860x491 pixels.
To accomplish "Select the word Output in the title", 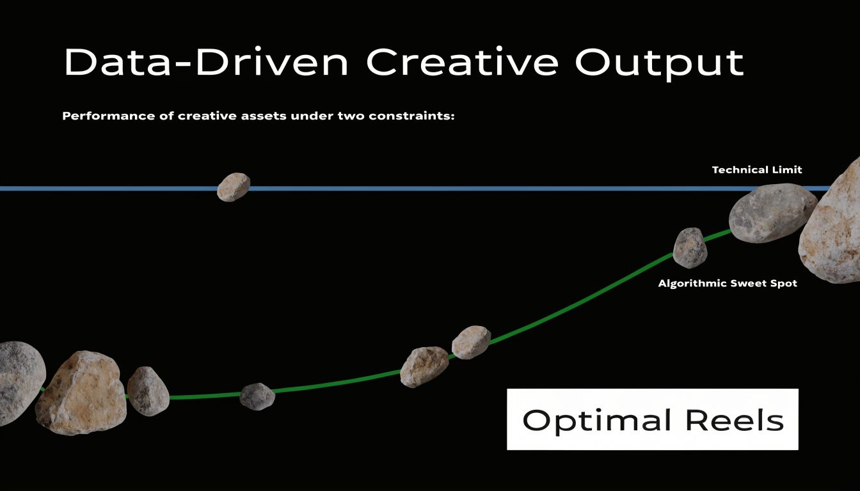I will coord(660,62).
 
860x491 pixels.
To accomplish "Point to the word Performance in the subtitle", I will coord(100,117).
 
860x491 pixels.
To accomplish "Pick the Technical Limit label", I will coord(757,170).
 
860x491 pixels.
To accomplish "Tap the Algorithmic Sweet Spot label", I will coord(728,283).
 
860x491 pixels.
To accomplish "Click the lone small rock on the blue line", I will coord(233,187).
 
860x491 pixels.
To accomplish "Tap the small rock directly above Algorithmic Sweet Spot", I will coord(690,247).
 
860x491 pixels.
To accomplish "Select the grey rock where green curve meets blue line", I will coord(772,213).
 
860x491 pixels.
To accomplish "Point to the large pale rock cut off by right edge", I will coord(833,224).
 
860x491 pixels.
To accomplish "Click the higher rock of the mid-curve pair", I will coord(471,342).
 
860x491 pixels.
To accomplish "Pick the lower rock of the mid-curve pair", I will coord(424,366).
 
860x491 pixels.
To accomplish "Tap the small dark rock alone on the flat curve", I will coord(257,396).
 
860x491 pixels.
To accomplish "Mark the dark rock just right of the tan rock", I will coord(148,391).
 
